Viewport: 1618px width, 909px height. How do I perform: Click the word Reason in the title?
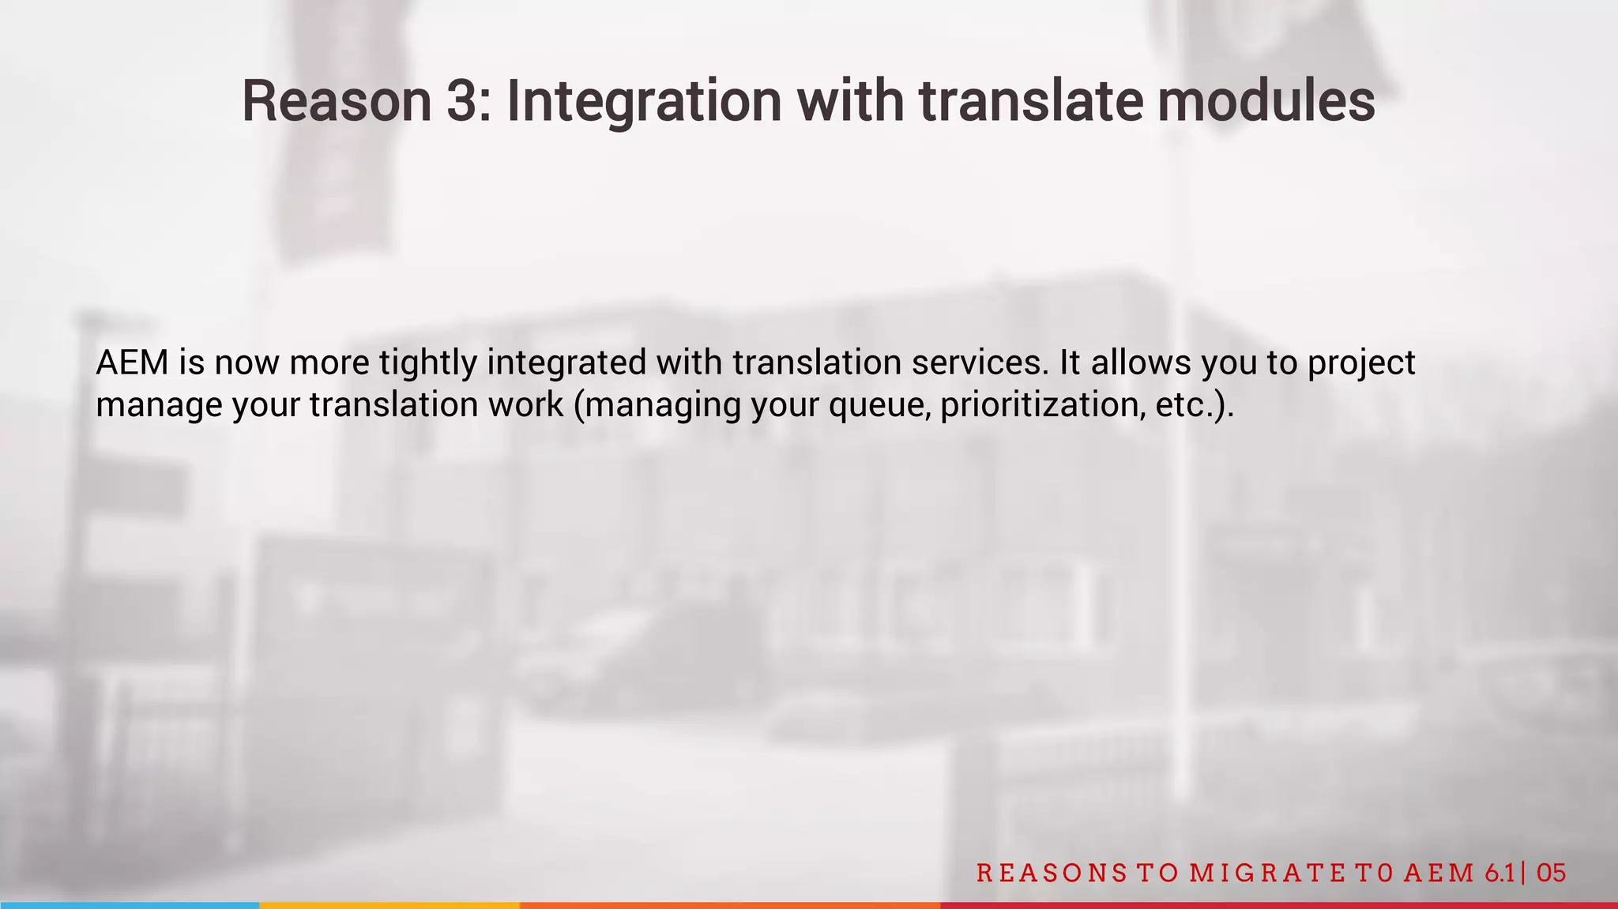click(336, 101)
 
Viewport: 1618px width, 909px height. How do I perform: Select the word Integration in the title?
click(643, 101)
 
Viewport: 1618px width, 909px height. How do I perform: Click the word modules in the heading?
click(1266, 101)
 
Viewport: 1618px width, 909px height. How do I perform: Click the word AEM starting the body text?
click(132, 362)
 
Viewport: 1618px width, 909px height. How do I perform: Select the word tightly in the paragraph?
click(427, 362)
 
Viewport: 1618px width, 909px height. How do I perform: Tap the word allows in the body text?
click(1140, 362)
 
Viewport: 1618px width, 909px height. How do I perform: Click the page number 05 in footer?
click(1552, 873)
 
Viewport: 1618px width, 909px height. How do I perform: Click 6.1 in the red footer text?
click(1499, 873)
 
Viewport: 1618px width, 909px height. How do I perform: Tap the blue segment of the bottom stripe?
click(129, 905)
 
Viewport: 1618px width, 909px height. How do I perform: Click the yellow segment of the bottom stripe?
click(389, 905)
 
